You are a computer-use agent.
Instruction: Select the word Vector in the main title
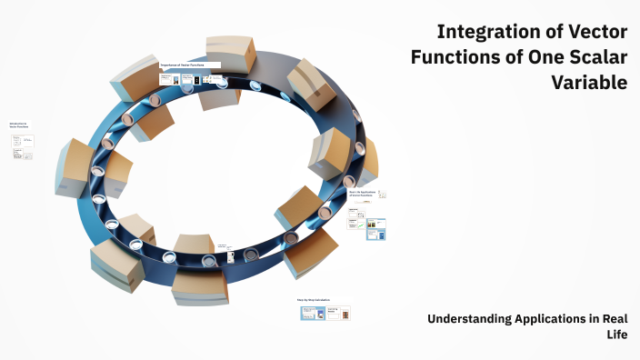click(x=595, y=32)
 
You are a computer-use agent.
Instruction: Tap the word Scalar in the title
click(x=594, y=57)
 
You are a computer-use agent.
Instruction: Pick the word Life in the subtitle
click(x=617, y=334)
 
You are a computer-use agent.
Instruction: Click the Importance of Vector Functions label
click(x=190, y=65)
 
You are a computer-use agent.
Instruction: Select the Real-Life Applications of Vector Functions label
click(x=362, y=194)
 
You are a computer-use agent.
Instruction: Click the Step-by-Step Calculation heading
click(x=314, y=299)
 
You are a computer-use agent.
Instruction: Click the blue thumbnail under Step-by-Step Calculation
click(x=314, y=313)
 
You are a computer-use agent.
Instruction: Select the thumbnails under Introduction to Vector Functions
click(x=23, y=146)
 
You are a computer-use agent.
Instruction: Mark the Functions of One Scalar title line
click(x=518, y=57)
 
